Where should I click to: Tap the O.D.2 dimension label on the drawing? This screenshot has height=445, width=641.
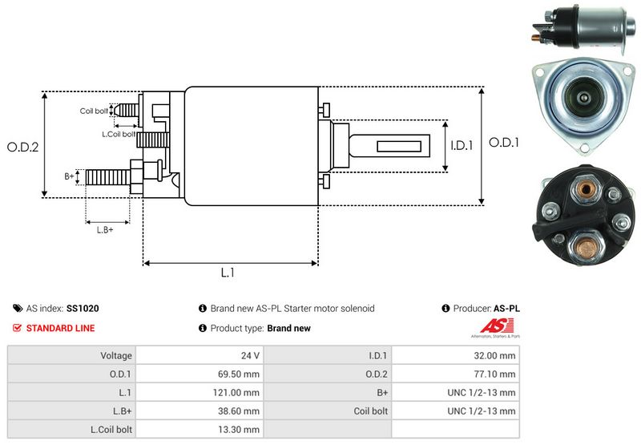pos(23,147)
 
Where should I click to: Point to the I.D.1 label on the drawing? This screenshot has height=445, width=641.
pos(462,146)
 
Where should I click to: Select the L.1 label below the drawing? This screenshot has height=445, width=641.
pos(228,273)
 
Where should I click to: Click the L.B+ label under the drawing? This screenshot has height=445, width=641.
pos(105,230)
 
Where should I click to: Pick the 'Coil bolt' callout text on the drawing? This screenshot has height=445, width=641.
pos(93,111)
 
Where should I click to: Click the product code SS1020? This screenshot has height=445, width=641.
pos(83,308)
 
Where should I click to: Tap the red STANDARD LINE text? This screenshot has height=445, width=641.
pos(60,328)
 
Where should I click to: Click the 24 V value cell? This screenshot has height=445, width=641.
pos(250,355)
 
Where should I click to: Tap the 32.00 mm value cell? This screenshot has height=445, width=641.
pos(495,355)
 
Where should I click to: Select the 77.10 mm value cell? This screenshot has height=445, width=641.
pos(495,374)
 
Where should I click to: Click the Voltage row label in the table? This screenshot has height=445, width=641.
pos(116,355)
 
